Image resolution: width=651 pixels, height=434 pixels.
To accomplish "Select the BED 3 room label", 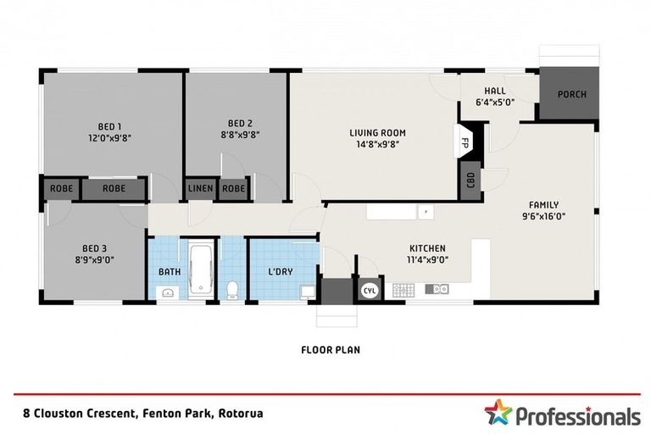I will point(93,250).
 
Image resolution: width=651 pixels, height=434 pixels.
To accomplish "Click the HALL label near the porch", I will point(495,91).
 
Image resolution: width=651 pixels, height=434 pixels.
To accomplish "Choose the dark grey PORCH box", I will point(570,94).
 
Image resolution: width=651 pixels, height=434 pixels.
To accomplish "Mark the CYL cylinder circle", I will point(370,289).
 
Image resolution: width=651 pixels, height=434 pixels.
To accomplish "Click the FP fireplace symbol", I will point(465,143).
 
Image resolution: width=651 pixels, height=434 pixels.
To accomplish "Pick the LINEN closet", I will point(201,188).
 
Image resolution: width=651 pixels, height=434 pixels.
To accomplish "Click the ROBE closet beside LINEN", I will point(235,188).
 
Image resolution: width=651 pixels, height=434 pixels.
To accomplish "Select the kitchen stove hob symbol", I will point(403,290).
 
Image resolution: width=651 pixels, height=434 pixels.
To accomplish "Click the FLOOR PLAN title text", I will point(331,348).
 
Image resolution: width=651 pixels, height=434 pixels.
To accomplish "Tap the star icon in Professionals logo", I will point(498,414).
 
